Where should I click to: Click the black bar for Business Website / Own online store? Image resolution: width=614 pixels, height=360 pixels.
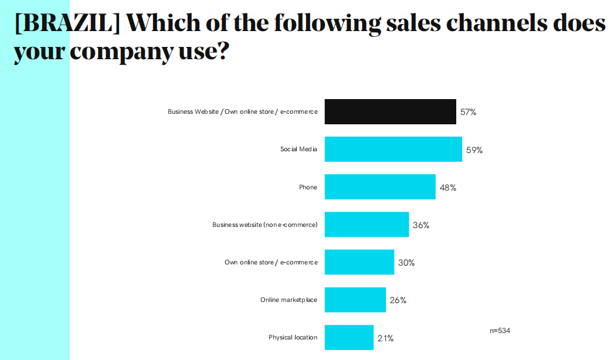coord(390,111)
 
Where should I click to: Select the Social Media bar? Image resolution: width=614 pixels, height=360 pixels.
coord(393,149)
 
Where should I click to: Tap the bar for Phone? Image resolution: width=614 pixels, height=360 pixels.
coord(380,187)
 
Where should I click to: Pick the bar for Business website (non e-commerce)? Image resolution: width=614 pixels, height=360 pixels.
coord(367,225)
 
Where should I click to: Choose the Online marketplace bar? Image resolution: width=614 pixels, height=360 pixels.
coord(355,300)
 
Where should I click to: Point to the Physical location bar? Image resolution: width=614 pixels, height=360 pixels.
coord(349,337)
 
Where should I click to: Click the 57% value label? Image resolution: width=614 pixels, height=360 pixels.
coord(468,112)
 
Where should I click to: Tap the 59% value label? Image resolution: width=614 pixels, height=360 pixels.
coord(474,150)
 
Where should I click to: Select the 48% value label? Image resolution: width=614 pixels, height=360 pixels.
coord(448,188)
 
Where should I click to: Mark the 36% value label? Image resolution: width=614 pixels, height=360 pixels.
coord(421,225)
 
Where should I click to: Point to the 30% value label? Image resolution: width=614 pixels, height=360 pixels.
coord(406,263)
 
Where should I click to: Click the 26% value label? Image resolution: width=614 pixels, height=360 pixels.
coord(398,300)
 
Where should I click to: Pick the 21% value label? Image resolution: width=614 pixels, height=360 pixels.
coord(385,338)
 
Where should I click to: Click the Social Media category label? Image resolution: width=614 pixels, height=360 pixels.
coord(298,149)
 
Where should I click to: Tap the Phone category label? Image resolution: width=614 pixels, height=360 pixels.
coord(308,187)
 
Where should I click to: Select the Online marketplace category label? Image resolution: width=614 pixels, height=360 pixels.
coord(289,300)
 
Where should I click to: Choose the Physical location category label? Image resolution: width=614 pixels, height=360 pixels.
coord(293,337)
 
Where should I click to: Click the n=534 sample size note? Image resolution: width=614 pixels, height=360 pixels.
coord(500,331)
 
